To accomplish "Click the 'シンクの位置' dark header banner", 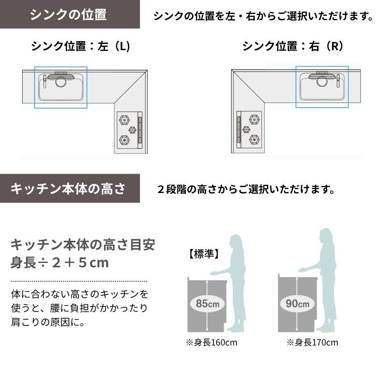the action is tap(70, 14).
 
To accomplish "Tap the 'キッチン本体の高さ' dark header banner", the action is tap(70, 189).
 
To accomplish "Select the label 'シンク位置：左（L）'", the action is tap(81, 46).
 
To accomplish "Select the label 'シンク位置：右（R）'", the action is tap(293, 46).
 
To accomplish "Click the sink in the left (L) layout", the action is tap(61, 87).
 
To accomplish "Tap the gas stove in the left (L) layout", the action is tap(130, 130).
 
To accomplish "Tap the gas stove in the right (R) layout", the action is tap(249, 130).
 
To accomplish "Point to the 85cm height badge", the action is tap(207, 303).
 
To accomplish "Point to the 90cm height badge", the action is tap(297, 303).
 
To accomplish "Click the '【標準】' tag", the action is tap(204, 254).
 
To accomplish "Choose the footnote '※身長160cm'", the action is tap(211, 343).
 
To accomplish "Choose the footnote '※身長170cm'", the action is tap(312, 343).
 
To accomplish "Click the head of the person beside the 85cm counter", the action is tap(235, 243).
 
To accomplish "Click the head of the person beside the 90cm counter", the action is tap(326, 237).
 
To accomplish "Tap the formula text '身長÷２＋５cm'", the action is tap(59, 262).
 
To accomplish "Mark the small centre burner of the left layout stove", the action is tap(132, 130).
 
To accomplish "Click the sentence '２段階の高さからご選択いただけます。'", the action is tap(246, 189).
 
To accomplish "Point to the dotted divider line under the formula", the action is tap(79, 281).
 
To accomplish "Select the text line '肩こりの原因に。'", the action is tap(48, 322).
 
